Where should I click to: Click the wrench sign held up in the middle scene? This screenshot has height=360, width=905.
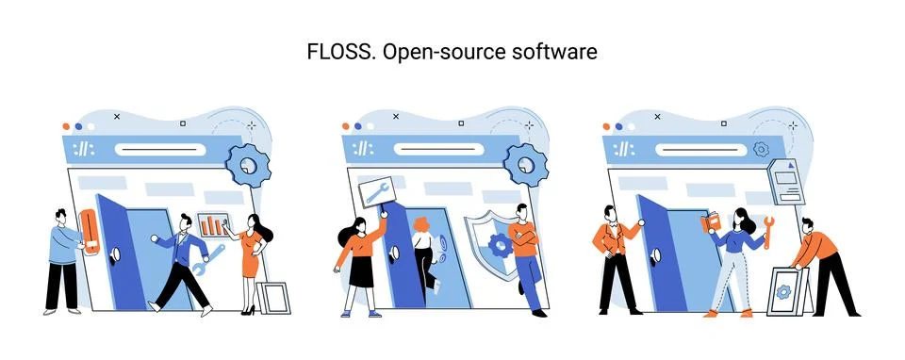pos(374,190)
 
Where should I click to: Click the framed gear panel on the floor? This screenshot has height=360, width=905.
pos(787,291)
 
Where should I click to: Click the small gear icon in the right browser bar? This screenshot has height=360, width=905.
pos(760,149)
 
